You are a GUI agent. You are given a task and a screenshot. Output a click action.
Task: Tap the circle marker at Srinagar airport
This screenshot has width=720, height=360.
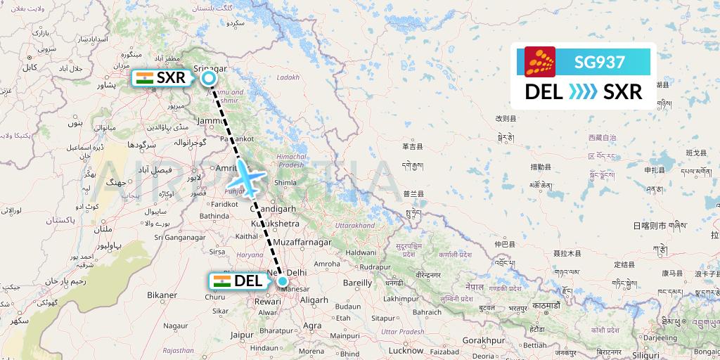pos(209,79)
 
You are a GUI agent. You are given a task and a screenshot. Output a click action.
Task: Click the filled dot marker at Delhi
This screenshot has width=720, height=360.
pos(283,282)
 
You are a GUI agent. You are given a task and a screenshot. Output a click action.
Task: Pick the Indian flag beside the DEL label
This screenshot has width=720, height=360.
pos(222,281)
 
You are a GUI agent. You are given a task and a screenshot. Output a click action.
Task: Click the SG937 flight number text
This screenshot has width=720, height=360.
pos(600,62)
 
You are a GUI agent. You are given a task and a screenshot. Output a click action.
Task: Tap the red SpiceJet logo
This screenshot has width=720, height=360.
pos(540,62)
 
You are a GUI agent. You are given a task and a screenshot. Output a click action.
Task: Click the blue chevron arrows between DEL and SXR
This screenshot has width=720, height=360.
pos(583,91)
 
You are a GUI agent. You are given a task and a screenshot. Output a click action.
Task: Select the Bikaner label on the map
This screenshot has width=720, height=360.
pos(162,295)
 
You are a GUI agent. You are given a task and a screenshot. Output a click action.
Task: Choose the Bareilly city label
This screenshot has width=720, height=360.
pos(357,283)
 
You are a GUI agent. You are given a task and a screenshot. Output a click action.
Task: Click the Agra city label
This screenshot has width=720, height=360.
pos(312,326)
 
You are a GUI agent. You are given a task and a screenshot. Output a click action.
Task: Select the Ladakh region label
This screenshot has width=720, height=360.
pos(288,77)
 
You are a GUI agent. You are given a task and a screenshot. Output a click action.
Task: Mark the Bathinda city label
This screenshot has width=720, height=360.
pos(214,217)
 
